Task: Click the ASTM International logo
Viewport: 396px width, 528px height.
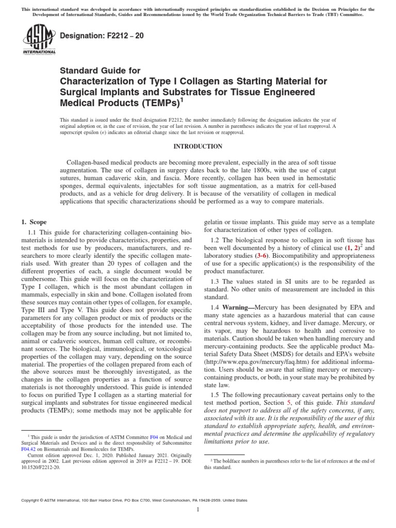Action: pyautogui.click(x=39, y=40)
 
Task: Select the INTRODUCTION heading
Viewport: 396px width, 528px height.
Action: pyautogui.click(x=197, y=146)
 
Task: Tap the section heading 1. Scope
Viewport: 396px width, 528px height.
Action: pyautogui.click(x=34, y=222)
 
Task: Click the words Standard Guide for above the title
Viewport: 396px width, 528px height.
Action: pyautogui.click(x=100, y=71)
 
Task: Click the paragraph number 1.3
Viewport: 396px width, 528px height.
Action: pyautogui.click(x=217, y=282)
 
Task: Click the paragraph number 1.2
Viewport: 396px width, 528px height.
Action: pyautogui.click(x=217, y=240)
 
